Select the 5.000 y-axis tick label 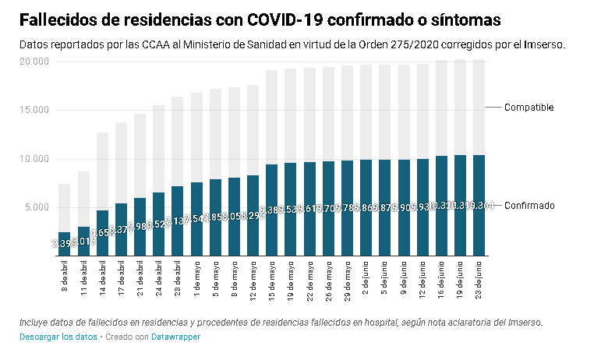pos(36,207)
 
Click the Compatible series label pos(529,108)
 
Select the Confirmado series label pos(529,206)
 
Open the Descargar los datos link pos(58,337)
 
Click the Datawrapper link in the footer pos(175,337)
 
